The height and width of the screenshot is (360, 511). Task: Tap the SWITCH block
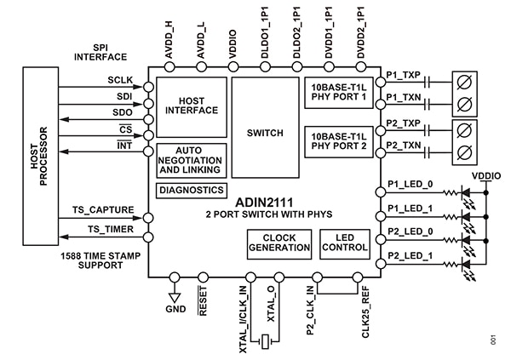click(265, 133)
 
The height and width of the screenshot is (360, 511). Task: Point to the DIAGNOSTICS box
click(192, 190)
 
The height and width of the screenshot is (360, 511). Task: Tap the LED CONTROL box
click(344, 243)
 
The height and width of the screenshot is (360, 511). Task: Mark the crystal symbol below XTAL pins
click(267, 341)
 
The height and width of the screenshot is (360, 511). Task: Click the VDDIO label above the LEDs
click(486, 174)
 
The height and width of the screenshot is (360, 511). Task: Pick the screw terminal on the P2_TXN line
click(465, 153)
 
